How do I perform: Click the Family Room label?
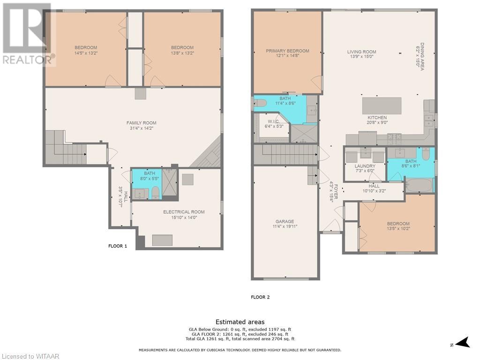coord(141,123)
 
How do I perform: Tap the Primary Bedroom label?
coord(287,51)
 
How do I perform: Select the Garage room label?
coord(285,221)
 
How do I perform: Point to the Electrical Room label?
coord(184,212)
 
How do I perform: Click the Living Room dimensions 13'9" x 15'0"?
coord(361,57)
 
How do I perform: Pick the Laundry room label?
coord(365,166)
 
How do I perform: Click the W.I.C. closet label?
coord(273,121)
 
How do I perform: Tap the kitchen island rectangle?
coord(382,105)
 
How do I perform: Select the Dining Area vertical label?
coord(422,57)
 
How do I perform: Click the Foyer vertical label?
coord(336,192)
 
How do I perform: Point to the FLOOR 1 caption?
coord(118,246)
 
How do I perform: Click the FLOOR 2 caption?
coord(260,297)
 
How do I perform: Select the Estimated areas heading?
coord(240,322)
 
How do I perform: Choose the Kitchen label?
coord(377,118)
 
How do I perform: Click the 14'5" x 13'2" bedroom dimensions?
coord(86,53)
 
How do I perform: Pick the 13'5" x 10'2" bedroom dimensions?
coord(398,228)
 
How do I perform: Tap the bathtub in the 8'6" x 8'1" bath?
coord(419,185)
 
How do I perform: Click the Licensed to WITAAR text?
coord(30,356)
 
